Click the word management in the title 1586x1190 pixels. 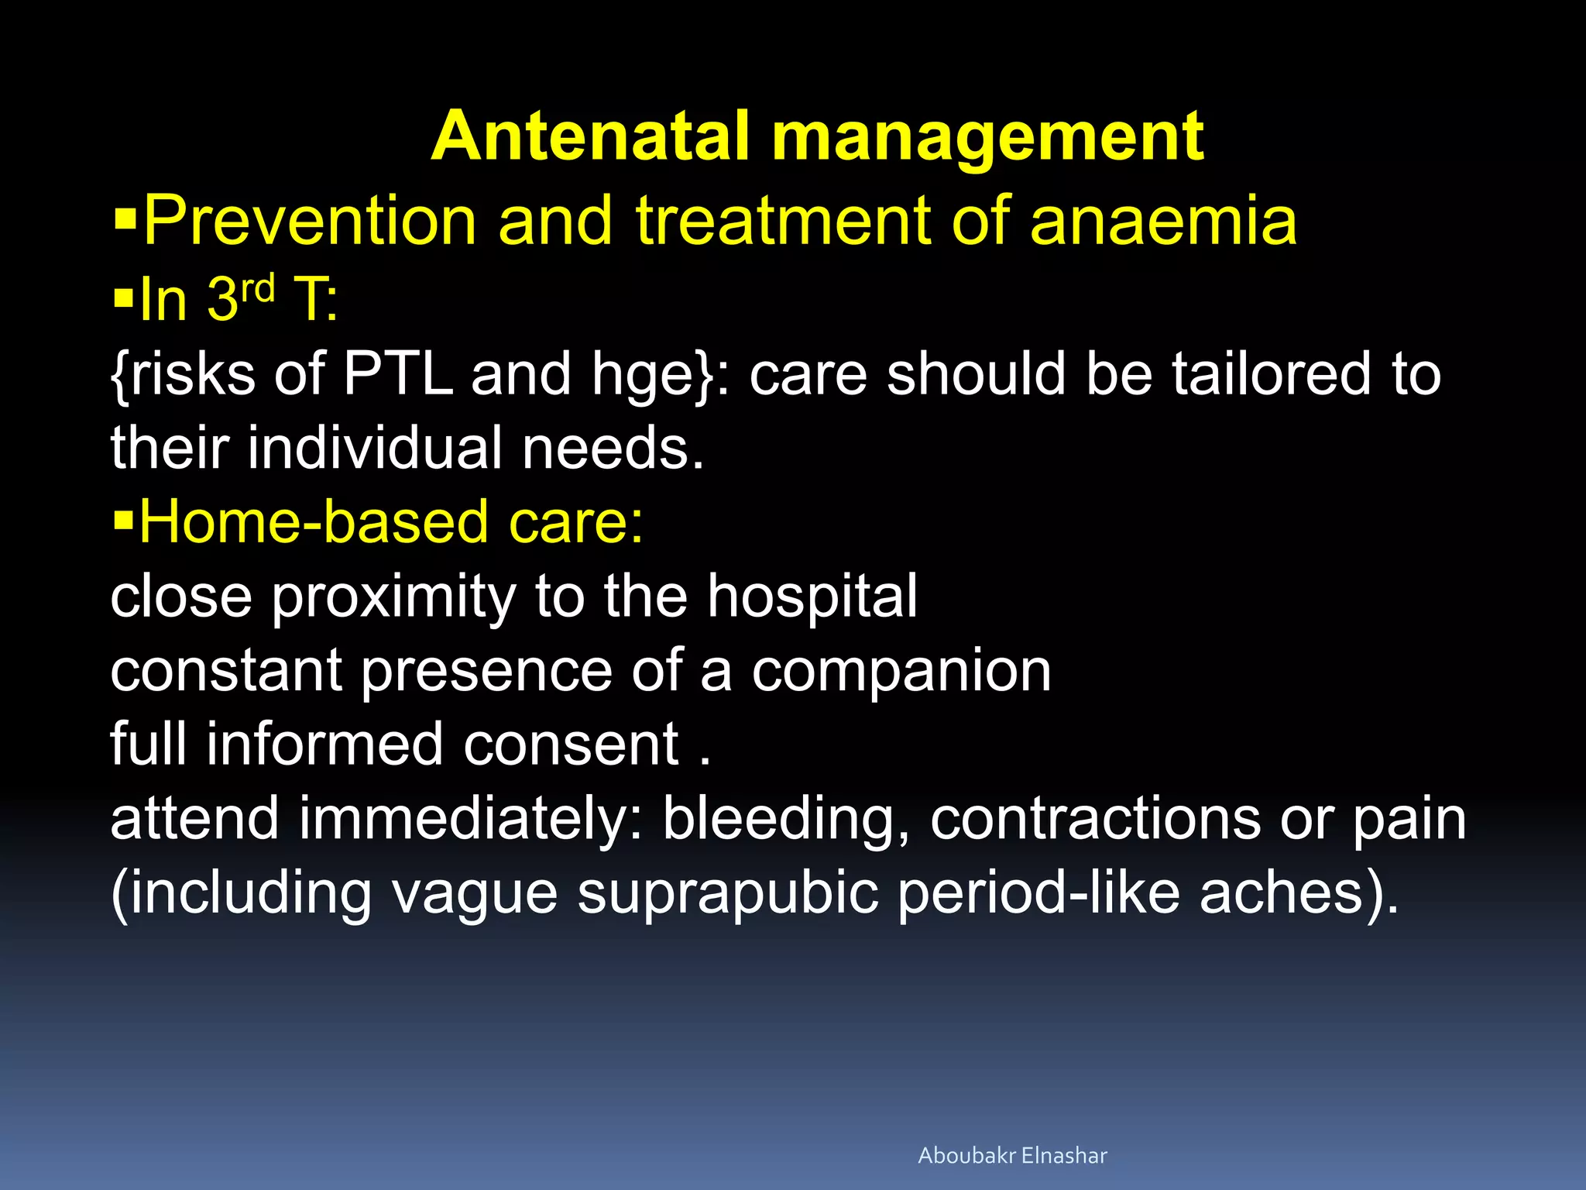(987, 138)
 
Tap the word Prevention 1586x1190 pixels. (309, 221)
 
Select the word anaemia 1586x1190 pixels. (1163, 221)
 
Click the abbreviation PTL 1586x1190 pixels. (397, 374)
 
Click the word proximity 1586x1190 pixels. (393, 597)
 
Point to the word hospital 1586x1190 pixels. (812, 597)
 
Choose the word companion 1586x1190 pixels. (901, 671)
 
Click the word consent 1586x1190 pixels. (571, 745)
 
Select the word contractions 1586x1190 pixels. (1095, 820)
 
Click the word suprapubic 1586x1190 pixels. (728, 894)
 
